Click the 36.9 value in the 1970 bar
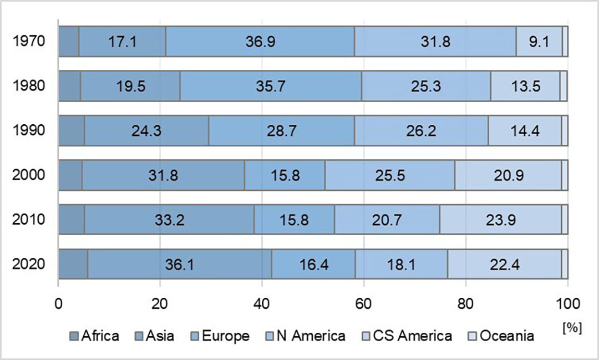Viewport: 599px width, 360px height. point(260,41)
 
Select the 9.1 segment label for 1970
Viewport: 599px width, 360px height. point(539,41)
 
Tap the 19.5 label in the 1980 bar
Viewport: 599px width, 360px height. point(131,86)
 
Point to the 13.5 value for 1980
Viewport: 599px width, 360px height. point(526,86)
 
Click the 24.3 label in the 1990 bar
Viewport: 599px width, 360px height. point(146,131)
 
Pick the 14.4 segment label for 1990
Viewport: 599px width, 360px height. point(525,131)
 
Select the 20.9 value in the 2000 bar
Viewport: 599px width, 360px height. point(509,175)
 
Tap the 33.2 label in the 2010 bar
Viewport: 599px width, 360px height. point(169,220)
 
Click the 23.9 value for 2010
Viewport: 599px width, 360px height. point(501,220)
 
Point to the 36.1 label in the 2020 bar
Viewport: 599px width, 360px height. point(180,265)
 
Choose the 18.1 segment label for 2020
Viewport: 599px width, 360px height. point(401,265)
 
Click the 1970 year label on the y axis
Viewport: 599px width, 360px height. point(29,41)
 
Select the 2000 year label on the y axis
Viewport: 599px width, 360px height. point(29,175)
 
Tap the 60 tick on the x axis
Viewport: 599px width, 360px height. point(363,304)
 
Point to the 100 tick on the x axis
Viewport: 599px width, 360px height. point(568,304)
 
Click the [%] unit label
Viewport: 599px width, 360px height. point(572,328)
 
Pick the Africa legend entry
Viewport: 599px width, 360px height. point(94,336)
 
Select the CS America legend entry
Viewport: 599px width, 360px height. point(407,336)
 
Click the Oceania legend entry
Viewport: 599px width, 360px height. point(501,336)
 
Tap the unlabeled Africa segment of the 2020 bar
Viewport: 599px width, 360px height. point(73,264)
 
